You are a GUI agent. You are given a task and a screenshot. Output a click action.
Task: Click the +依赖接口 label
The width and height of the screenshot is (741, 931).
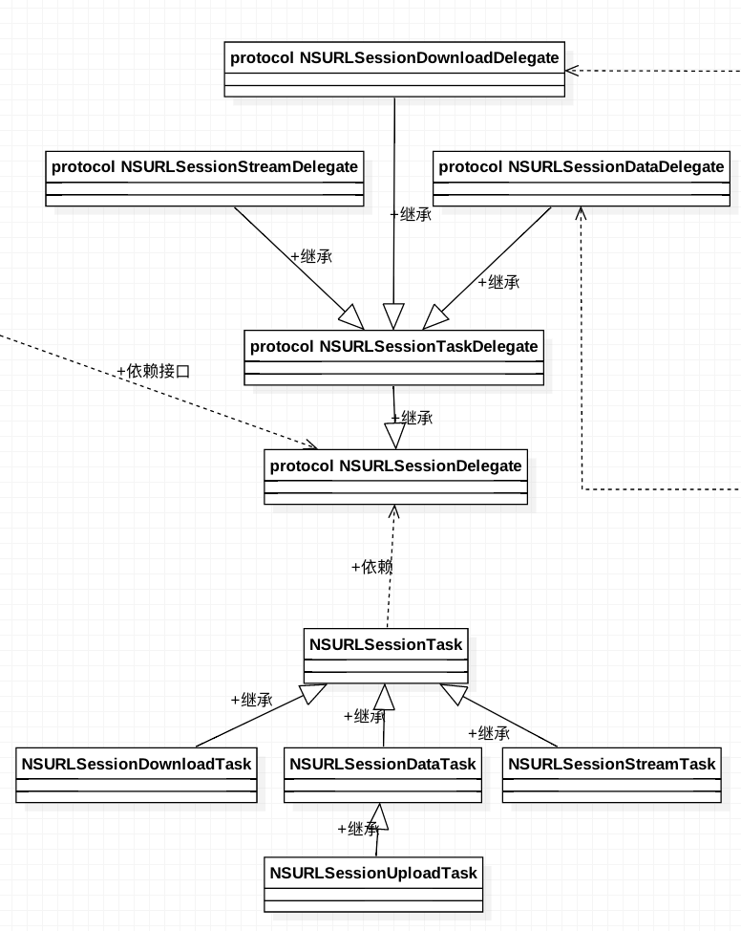(153, 371)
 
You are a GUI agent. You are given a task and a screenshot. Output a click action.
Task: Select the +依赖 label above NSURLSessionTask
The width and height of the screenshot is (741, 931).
(372, 567)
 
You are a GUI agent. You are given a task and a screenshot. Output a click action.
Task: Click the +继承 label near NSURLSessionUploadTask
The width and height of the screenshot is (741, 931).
(358, 829)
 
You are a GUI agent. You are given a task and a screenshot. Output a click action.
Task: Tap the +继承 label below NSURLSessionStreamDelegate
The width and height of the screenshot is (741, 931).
(311, 256)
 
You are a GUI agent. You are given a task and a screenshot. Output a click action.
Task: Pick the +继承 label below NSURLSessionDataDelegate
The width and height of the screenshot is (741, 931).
(498, 282)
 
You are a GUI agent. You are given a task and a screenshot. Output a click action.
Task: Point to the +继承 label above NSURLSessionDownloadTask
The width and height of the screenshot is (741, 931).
(251, 700)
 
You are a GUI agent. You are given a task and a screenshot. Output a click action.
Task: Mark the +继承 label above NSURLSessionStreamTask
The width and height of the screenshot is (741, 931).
(489, 734)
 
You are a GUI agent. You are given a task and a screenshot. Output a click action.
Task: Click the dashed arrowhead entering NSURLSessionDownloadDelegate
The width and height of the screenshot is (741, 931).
(574, 70)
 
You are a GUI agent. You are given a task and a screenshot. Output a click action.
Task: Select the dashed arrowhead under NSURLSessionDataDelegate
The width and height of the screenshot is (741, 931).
(581, 213)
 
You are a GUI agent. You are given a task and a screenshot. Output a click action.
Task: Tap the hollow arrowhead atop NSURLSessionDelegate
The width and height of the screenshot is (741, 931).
(394, 436)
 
